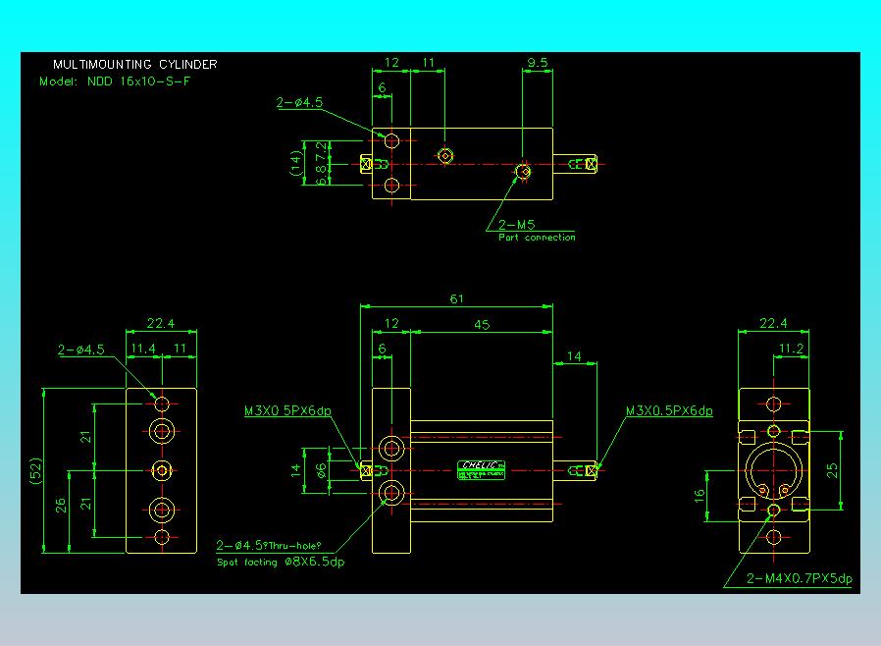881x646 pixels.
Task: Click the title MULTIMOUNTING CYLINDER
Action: coord(135,65)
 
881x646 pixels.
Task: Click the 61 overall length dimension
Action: coord(456,298)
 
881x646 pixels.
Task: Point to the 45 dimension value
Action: coord(482,324)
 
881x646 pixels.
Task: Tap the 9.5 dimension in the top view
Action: coord(537,63)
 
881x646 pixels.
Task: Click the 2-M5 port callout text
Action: coord(516,225)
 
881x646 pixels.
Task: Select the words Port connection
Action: coord(537,238)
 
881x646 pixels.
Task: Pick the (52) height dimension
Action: coord(35,470)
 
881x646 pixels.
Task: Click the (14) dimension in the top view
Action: coord(295,162)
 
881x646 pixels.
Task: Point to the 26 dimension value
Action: coord(61,507)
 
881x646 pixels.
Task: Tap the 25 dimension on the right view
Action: coord(832,470)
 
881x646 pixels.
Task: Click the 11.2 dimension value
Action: coord(791,349)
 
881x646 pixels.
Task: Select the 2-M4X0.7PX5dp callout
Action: coord(800,578)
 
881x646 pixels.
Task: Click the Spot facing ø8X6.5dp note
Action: coord(280,563)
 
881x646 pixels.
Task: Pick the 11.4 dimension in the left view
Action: coord(143,349)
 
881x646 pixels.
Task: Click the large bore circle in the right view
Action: coord(774,470)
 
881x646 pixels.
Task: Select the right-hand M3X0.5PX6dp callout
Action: coord(669,411)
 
